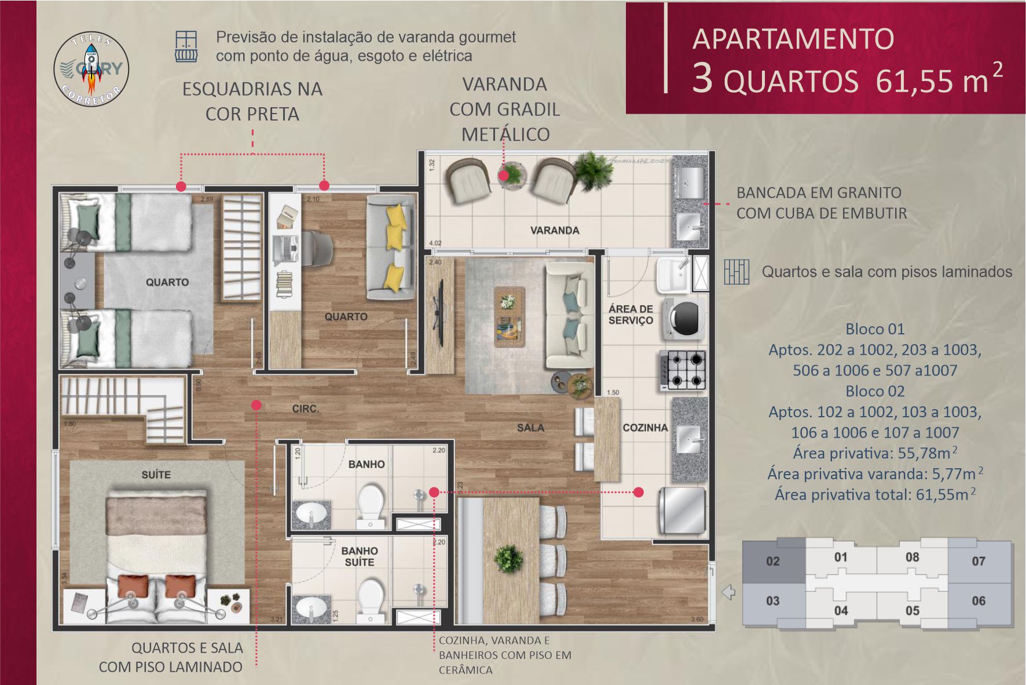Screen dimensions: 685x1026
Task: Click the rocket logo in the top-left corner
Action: tap(91, 68)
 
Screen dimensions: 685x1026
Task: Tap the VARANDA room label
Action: tap(555, 230)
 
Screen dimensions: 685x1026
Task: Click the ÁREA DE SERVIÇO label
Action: tap(631, 314)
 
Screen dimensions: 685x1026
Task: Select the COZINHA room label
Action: tap(645, 428)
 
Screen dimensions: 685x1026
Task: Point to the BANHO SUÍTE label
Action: tap(360, 556)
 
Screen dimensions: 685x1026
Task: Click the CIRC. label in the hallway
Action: tap(306, 409)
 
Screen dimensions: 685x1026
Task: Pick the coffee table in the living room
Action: tap(509, 316)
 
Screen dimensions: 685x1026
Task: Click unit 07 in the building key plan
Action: tap(979, 561)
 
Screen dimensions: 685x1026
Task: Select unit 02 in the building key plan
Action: tap(773, 561)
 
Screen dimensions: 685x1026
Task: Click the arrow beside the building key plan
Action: tap(728, 592)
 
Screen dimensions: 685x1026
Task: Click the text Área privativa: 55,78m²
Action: tap(874, 453)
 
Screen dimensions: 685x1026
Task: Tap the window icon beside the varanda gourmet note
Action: tap(186, 46)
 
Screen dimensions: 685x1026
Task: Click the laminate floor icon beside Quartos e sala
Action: tap(736, 271)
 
